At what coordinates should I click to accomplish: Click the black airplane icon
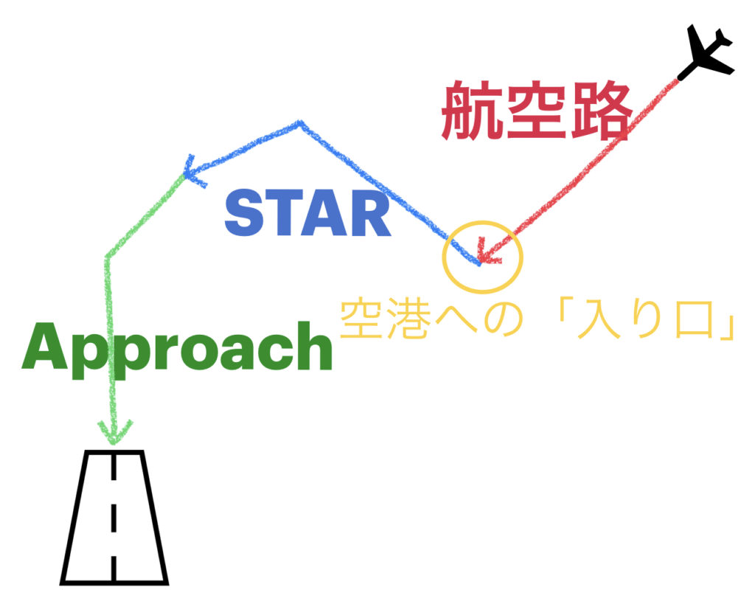tap(706, 52)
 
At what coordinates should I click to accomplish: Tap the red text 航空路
tap(537, 111)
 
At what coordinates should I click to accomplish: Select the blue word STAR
tap(307, 213)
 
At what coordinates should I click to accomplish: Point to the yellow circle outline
tap(443, 255)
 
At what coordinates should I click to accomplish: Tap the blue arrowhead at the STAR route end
tap(194, 171)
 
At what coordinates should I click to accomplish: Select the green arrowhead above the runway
tap(114, 432)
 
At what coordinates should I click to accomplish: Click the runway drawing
tap(114, 517)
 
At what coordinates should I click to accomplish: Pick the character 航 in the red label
tap(473, 111)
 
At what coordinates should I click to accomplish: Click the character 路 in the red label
tap(600, 111)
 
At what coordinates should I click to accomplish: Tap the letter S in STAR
tap(245, 213)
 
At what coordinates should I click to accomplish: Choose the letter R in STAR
tap(370, 213)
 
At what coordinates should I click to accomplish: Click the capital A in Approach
tap(44, 346)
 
